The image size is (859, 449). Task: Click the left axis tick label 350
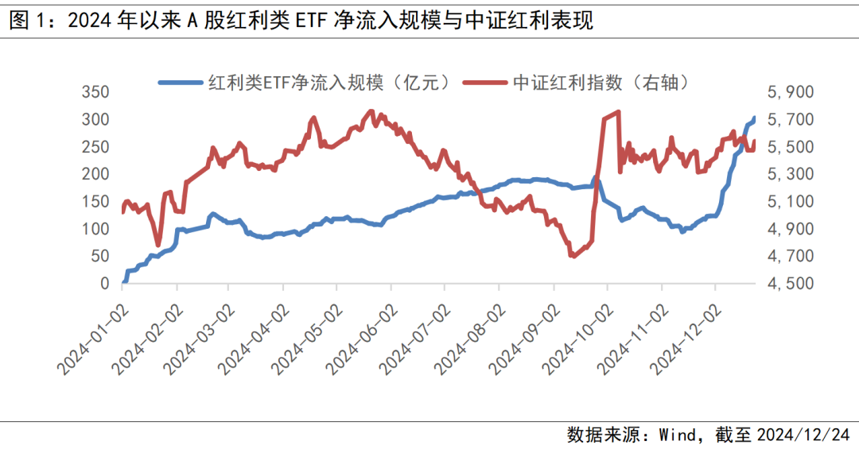click(95, 92)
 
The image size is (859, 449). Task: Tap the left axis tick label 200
click(95, 174)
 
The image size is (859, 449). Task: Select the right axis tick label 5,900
click(791, 92)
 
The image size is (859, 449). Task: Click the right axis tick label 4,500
click(791, 284)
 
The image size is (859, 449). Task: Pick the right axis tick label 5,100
click(791, 202)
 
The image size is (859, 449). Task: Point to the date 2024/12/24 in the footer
click(803, 435)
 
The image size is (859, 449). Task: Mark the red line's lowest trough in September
click(572, 256)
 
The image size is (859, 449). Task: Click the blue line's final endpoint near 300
click(754, 118)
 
